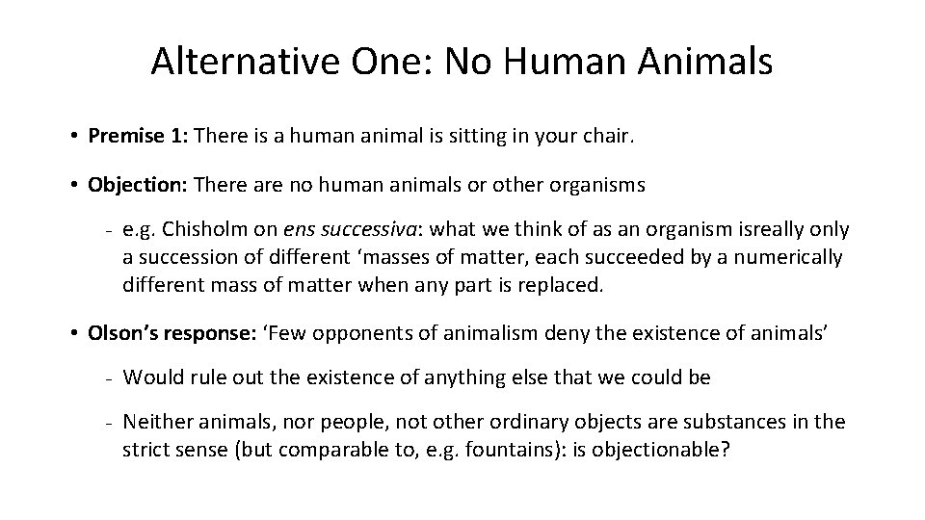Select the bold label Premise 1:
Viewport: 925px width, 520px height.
point(138,136)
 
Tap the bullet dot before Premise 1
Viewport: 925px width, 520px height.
point(74,136)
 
